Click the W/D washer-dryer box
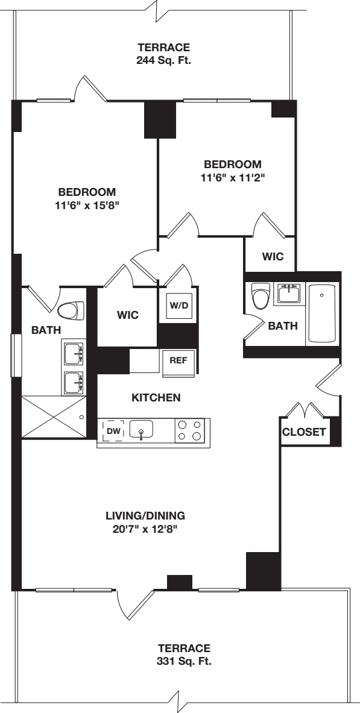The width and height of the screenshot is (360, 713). point(178,306)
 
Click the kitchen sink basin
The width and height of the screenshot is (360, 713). point(141,430)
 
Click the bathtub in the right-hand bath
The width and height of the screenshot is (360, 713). point(323,314)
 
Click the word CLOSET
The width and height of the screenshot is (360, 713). point(305,432)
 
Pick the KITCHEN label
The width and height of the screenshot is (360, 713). point(156,398)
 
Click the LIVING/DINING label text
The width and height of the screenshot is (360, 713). point(145,516)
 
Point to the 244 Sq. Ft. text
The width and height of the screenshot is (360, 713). point(164,60)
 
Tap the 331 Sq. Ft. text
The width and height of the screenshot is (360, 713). point(184,661)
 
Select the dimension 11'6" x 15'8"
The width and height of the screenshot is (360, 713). point(87,205)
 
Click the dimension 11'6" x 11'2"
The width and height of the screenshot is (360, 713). point(233,177)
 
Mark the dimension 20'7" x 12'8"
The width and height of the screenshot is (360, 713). point(145,529)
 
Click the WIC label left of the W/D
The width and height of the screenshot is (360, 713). point(128,315)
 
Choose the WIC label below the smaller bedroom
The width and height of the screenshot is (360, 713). point(273,256)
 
